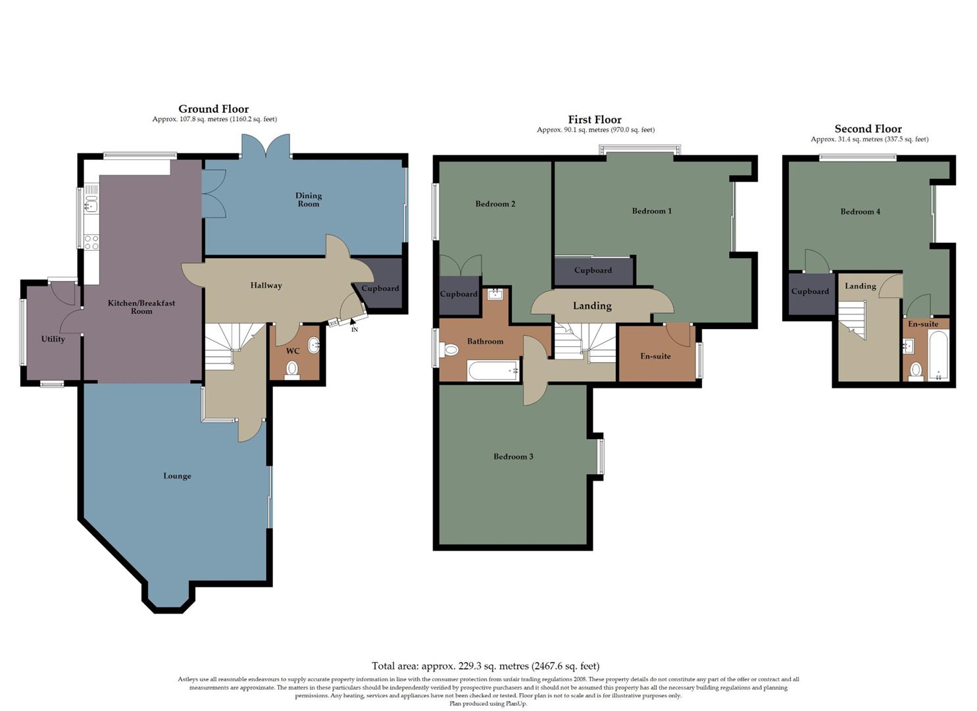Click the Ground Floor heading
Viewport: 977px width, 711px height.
click(x=213, y=109)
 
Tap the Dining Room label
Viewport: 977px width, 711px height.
click(x=308, y=199)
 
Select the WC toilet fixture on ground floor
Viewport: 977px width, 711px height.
click(x=292, y=369)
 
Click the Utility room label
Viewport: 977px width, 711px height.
click(x=53, y=339)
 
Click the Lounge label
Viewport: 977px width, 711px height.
click(x=177, y=476)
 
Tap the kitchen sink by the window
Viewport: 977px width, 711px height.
click(x=91, y=206)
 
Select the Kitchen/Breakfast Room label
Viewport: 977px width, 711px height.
click(x=141, y=307)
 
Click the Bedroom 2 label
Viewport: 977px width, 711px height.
click(x=495, y=204)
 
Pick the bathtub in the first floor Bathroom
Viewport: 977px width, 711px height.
click(x=493, y=371)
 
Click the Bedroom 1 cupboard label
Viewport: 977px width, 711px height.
click(x=593, y=271)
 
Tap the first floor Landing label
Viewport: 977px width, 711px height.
click(x=592, y=306)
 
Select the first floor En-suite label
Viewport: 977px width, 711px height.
click(x=655, y=356)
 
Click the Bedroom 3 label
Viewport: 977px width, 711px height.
click(x=513, y=456)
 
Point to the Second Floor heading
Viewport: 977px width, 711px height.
click(x=868, y=129)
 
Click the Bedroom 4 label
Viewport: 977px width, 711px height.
click(x=860, y=212)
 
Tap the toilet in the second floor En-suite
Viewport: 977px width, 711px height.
click(x=915, y=371)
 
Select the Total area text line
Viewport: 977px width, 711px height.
click(x=486, y=666)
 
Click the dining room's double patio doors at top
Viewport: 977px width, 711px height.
click(x=266, y=146)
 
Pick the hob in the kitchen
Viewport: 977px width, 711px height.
click(x=91, y=242)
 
